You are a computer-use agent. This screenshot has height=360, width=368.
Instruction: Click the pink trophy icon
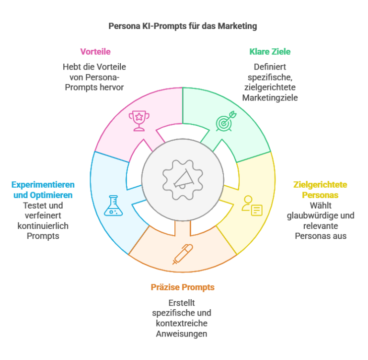138,120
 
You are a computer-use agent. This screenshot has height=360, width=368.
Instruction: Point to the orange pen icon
183,254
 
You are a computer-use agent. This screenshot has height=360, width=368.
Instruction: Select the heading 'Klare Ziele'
270,52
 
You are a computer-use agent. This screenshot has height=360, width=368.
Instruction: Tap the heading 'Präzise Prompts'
183,287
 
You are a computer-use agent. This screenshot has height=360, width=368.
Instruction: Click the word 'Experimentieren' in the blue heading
43,185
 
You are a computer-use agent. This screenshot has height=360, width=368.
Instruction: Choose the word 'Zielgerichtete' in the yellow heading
320,185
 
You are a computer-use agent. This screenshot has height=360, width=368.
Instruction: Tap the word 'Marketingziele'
270,98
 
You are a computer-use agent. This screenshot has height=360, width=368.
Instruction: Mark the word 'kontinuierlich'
43,226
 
